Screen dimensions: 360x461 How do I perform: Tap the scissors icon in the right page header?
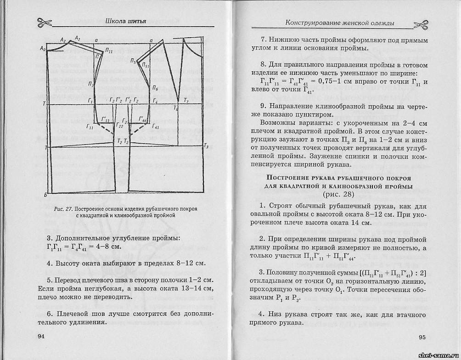pos(420,24)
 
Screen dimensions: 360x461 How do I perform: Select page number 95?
pos(422,337)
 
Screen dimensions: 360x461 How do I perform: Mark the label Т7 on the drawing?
pos(186,100)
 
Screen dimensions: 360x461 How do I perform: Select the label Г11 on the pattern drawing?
pos(90,126)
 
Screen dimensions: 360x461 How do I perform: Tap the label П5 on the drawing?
pos(133,61)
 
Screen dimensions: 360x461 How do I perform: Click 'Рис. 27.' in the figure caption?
pos(63,209)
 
